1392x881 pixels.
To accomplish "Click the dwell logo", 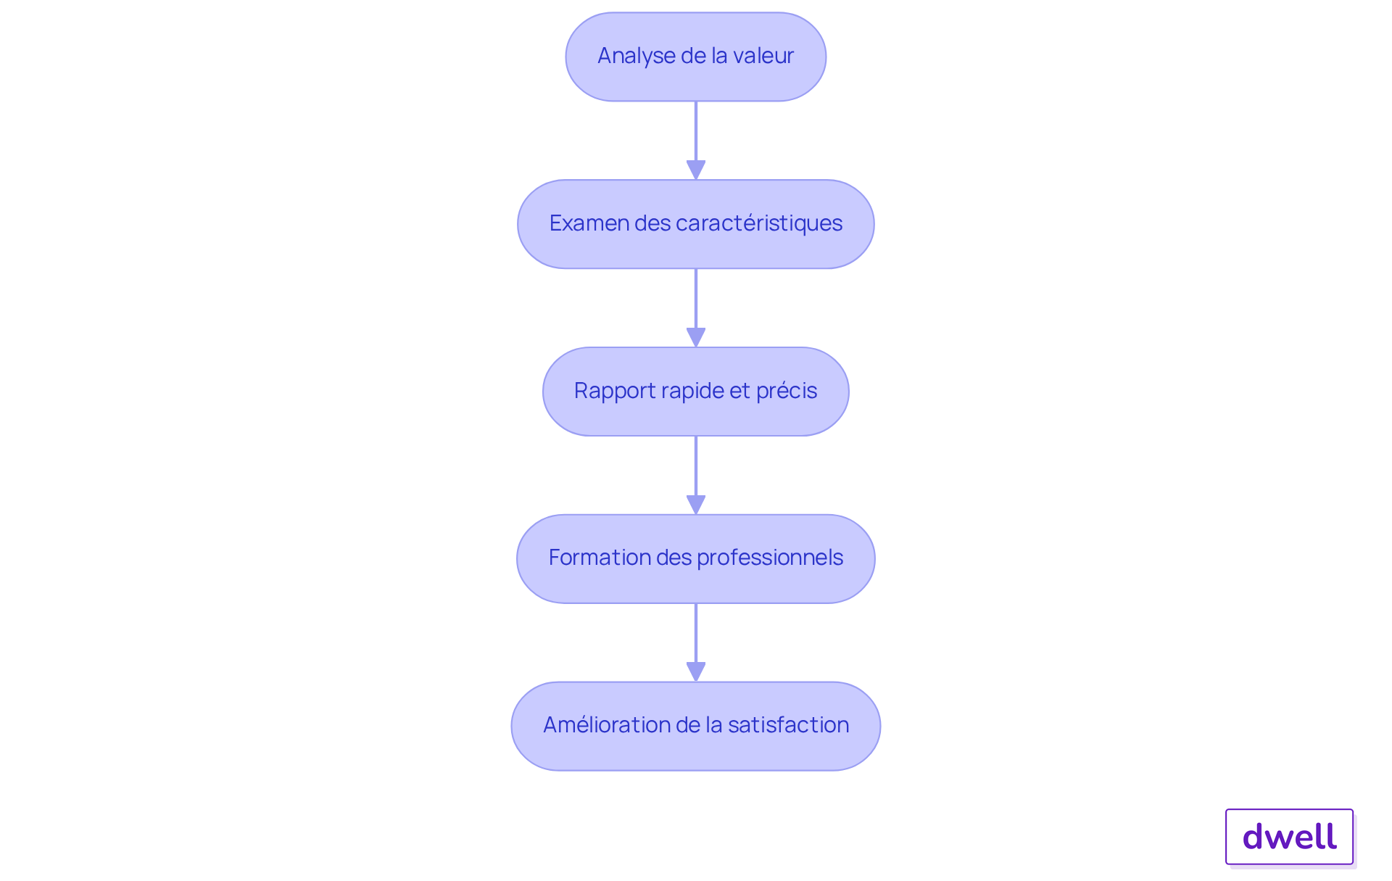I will [x=1289, y=837].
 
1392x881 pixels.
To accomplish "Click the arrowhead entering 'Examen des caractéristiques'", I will [x=696, y=170].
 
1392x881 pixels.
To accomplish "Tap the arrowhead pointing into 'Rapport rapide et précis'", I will [x=696, y=337].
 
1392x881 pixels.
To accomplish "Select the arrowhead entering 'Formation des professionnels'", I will [x=696, y=505].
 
